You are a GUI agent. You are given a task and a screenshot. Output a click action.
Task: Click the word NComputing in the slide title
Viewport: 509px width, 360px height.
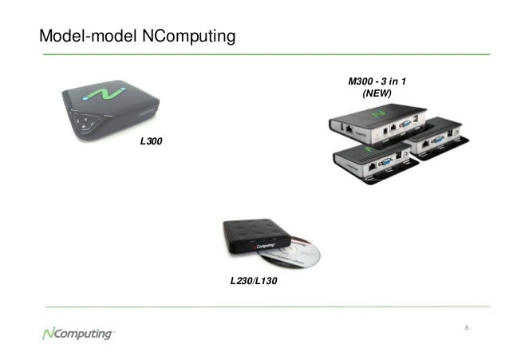[x=181, y=36]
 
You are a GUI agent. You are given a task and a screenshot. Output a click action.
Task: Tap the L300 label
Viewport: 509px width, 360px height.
[x=150, y=141]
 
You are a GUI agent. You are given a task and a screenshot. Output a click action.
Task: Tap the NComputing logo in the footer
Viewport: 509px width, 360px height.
[x=77, y=334]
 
